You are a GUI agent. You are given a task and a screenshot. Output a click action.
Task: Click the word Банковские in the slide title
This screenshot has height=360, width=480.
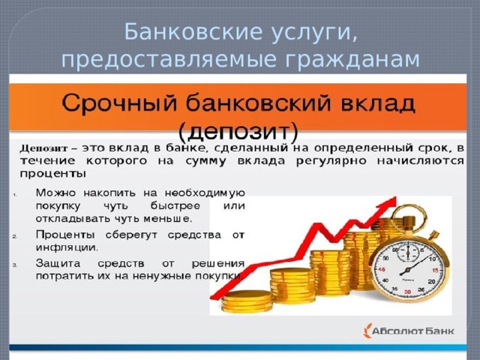[193, 31]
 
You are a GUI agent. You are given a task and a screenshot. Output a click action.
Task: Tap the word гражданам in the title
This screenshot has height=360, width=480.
[352, 60]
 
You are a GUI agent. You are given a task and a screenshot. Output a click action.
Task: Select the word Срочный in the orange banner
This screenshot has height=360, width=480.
[120, 104]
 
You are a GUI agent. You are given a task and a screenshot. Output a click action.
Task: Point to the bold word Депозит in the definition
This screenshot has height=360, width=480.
[43, 148]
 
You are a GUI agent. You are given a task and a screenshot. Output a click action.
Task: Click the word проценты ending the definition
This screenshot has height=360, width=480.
[52, 175]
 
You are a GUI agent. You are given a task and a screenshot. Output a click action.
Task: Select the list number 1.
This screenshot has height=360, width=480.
[15, 194]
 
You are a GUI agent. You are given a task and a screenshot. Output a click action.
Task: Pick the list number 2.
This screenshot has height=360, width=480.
[15, 237]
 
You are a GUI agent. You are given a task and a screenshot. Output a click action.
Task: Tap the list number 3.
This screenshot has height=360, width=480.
[15, 265]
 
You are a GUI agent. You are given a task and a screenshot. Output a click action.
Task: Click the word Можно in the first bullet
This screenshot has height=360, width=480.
[55, 193]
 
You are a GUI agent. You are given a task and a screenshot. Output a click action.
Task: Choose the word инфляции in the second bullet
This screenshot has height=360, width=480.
[67, 247]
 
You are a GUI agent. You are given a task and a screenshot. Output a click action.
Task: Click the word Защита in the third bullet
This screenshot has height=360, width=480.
[58, 263]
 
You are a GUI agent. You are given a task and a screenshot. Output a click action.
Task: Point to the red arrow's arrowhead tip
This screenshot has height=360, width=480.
[397, 196]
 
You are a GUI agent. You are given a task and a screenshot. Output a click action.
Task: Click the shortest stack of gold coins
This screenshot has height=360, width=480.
[247, 301]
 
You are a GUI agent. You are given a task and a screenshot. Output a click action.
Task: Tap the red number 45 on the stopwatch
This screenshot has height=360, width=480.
[382, 269]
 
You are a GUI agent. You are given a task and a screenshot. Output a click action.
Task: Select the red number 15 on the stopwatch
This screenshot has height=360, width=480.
[435, 270]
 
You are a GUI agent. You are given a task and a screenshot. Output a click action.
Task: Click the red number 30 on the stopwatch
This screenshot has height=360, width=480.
[407, 292]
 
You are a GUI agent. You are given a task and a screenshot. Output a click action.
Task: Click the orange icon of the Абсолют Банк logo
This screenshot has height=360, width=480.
[367, 331]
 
